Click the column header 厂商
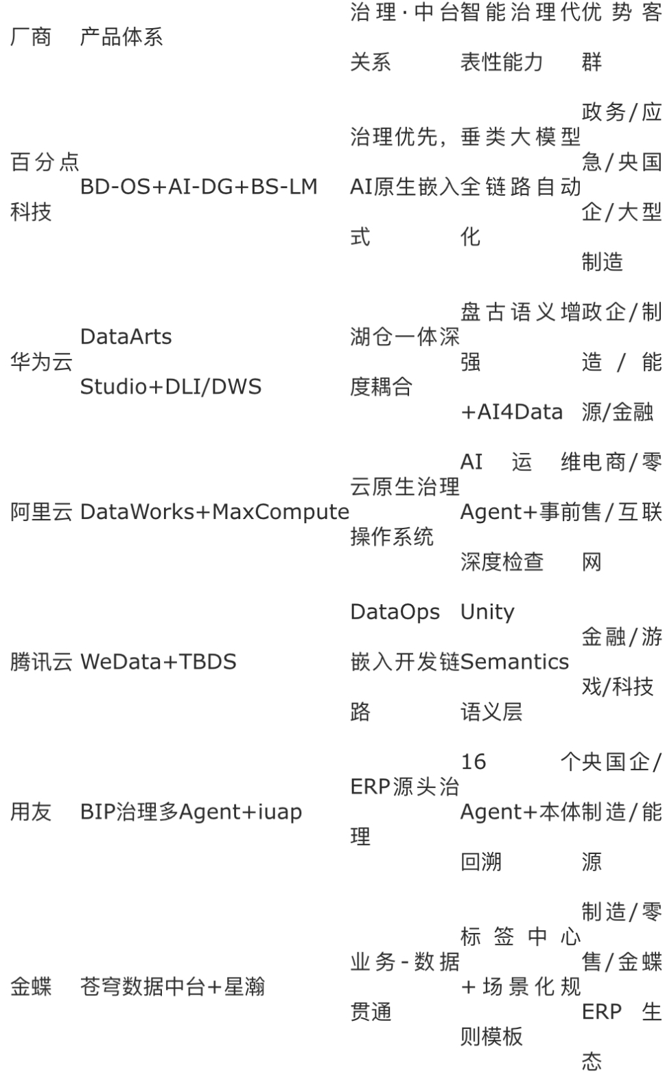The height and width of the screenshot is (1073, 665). [31, 37]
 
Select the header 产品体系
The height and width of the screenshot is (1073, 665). [121, 37]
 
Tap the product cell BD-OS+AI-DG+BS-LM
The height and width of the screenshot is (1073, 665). [199, 187]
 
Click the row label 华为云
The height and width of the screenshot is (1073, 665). [41, 362]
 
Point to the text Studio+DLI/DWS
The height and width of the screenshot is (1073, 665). [171, 386]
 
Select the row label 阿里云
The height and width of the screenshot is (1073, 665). [41, 512]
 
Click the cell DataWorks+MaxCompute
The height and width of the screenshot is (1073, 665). [215, 512]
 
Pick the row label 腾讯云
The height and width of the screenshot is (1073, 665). [41, 662]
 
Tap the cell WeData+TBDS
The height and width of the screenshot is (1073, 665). [159, 662]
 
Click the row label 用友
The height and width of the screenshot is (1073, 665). [31, 812]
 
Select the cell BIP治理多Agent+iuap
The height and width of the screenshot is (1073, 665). [191, 812]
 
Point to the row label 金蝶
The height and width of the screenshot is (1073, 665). [31, 987]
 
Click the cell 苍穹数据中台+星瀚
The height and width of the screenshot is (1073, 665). [172, 987]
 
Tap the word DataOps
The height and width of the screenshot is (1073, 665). [395, 612]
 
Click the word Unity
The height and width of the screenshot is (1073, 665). [487, 612]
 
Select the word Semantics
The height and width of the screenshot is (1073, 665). [515, 662]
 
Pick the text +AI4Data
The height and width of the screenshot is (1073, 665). [512, 412]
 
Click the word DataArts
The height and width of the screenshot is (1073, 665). [126, 337]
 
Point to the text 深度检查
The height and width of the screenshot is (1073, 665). [502, 562]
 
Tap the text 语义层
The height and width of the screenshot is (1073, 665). [491, 712]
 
